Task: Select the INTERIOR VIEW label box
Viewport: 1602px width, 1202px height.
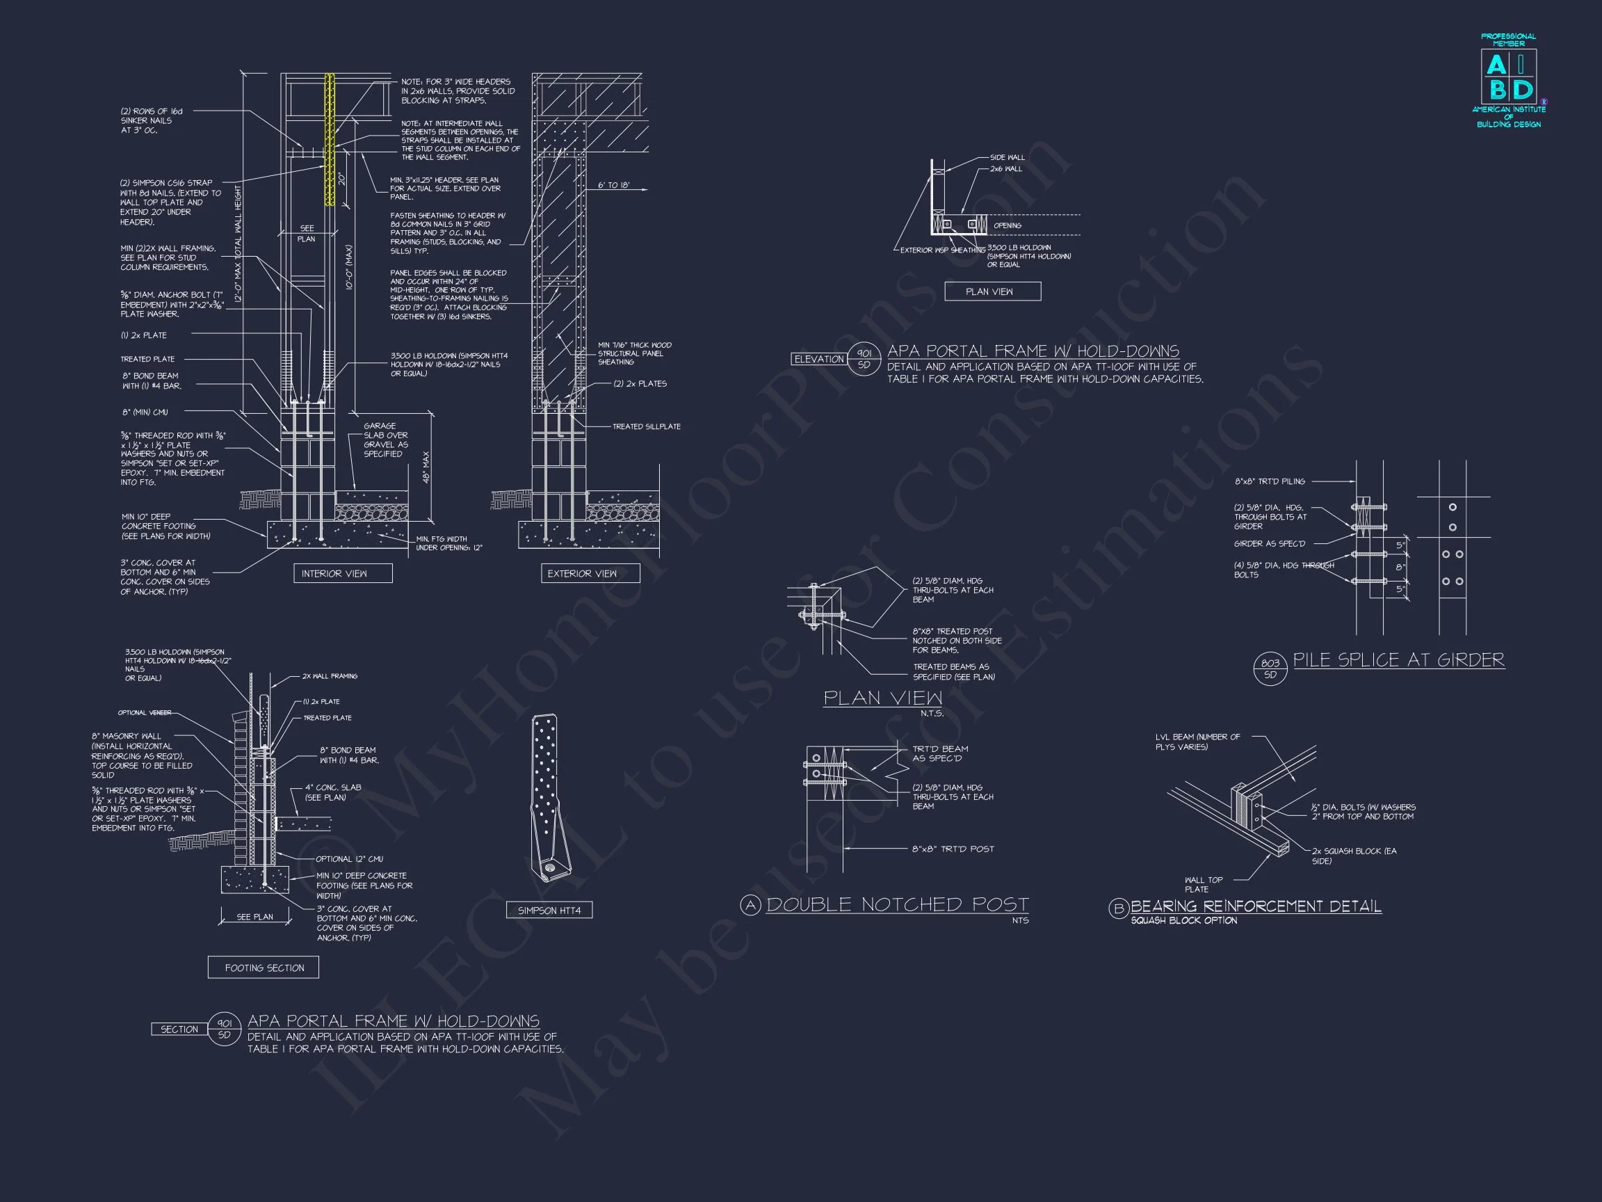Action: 343,573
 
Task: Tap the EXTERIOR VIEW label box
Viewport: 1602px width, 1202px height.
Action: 590,573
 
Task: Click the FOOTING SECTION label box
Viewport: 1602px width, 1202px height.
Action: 264,968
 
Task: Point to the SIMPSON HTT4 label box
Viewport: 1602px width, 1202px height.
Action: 549,910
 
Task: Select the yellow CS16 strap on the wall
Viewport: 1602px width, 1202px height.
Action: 330,138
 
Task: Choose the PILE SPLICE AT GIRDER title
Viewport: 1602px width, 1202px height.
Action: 1398,660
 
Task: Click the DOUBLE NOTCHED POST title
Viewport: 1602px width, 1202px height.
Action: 898,904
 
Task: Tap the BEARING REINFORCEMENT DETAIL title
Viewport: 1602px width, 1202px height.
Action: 1256,906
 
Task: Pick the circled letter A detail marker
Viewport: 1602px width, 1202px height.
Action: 750,905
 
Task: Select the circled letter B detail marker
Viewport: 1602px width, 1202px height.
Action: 1118,908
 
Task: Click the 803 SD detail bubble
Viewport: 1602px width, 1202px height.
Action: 1270,668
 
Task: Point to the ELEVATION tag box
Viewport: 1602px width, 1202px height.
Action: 819,360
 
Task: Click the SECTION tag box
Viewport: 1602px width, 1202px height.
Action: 179,1029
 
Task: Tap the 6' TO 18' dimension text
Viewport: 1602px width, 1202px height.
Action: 613,186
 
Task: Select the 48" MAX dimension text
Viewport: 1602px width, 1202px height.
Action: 426,467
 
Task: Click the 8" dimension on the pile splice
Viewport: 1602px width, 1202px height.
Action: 1400,568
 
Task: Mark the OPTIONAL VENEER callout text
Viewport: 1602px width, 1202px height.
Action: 145,712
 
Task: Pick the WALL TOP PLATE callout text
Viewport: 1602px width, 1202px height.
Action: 1204,884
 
